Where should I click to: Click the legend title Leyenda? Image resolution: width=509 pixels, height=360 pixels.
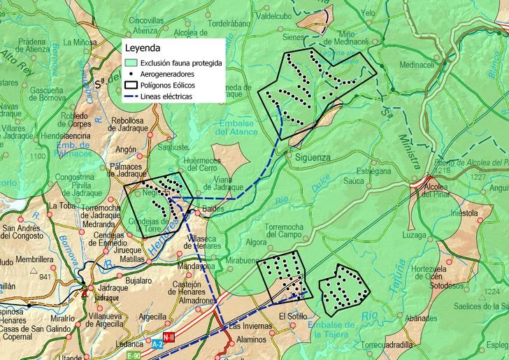point(143,49)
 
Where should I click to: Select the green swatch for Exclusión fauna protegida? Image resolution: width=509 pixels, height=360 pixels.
point(131,63)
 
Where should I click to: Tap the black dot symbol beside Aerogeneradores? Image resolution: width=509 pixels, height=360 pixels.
point(131,74)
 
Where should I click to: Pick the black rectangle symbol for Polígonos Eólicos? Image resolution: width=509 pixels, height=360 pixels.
point(131,85)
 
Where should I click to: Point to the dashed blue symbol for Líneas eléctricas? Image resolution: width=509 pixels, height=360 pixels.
point(131,96)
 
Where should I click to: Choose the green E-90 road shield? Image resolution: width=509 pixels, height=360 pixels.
point(133,356)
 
